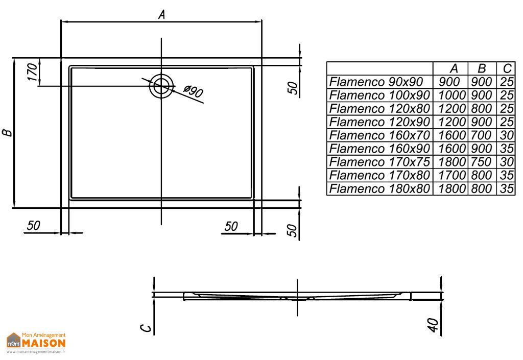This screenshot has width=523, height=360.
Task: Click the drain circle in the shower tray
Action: click(161, 86)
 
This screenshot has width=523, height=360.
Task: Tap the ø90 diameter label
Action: click(194, 92)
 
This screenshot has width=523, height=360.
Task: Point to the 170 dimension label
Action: click(32, 72)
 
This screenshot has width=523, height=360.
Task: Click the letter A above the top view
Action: click(161, 15)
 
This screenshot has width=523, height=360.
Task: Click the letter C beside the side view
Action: click(147, 327)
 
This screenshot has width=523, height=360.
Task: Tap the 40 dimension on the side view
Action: click(434, 325)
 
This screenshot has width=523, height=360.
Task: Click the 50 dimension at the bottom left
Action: click(34, 226)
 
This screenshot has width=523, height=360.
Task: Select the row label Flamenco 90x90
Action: click(376, 82)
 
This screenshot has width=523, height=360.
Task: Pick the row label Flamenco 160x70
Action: click(380, 135)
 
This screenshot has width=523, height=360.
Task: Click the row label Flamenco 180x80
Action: click(380, 188)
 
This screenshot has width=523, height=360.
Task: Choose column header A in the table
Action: click(454, 68)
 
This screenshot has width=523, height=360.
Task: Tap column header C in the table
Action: click(506, 68)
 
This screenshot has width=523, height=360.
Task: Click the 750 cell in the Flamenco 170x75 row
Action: click(482, 162)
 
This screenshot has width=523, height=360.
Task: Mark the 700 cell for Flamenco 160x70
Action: click(482, 135)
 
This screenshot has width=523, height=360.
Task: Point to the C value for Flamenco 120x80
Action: click(507, 108)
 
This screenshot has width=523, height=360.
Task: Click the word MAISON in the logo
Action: click(43, 342)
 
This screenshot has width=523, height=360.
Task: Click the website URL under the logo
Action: click(36, 352)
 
